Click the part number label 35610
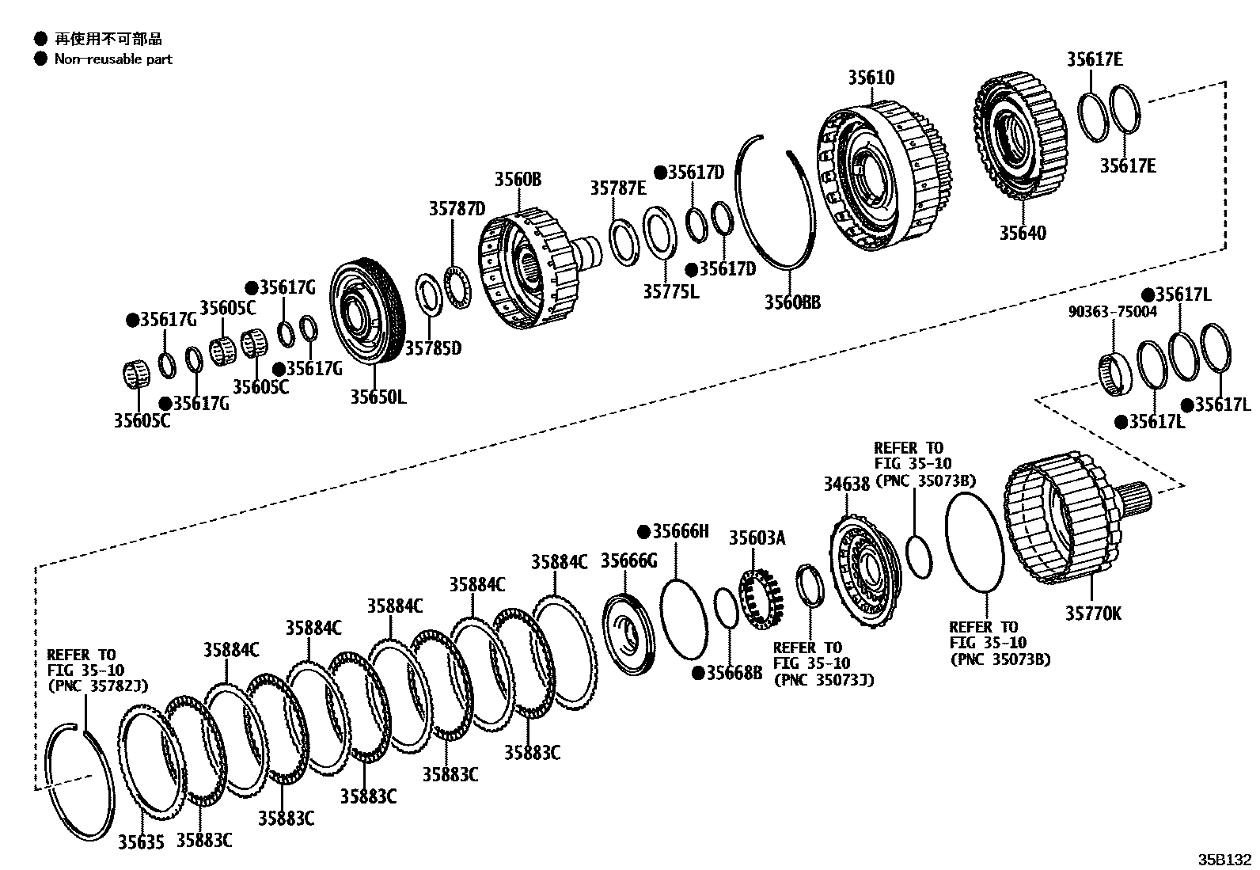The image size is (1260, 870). coord(871,78)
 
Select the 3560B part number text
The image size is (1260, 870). coord(518,180)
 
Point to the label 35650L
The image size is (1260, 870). coord(378,397)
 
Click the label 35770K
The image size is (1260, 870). coord(1092,614)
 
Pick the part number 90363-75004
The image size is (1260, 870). coord(1113,312)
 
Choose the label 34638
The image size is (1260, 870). coord(845,483)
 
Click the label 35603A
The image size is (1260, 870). coord(757,539)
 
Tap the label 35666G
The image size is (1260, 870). coord(628,560)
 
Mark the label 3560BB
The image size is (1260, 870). coord(791,302)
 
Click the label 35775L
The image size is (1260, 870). coord(670,291)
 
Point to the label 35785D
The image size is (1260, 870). coord(432,348)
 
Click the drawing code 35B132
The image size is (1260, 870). coord(1224,859)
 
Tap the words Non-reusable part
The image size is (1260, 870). coord(113,59)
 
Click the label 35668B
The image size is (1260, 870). coord(734,673)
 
